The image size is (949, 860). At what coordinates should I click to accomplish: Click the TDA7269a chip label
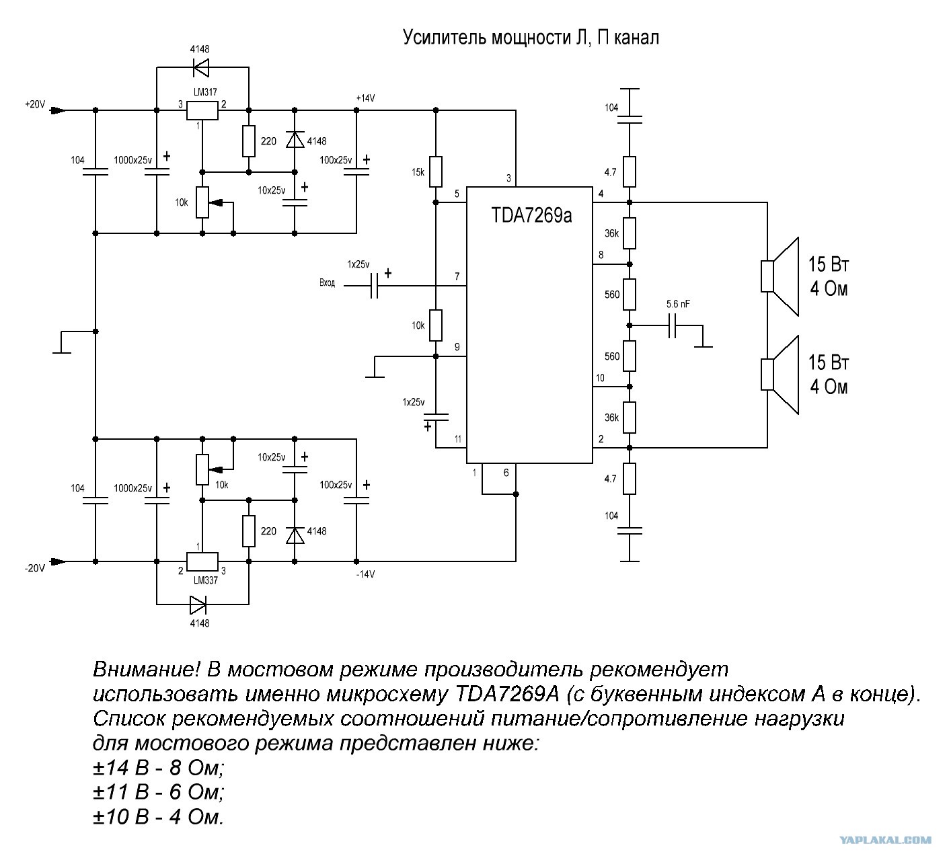pyautogui.click(x=531, y=215)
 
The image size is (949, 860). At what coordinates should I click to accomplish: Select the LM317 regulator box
pyautogui.click(x=202, y=110)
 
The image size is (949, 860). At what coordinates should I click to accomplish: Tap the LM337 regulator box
pyautogui.click(x=202, y=561)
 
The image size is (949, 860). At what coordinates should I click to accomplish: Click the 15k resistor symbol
pyautogui.click(x=436, y=171)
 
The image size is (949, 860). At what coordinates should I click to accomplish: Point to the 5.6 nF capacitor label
pyautogui.click(x=678, y=304)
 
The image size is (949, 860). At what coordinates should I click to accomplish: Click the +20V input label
pyautogui.click(x=35, y=104)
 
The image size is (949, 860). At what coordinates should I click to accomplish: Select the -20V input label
pyautogui.click(x=35, y=568)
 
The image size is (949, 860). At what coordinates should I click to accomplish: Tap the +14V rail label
pyautogui.click(x=366, y=98)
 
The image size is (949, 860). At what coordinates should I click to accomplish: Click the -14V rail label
pyautogui.click(x=366, y=574)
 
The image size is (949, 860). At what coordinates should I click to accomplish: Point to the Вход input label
pyautogui.click(x=327, y=283)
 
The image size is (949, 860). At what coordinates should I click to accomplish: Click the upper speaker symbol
pyautogui.click(x=780, y=276)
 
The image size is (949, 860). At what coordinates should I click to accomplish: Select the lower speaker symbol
pyautogui.click(x=780, y=375)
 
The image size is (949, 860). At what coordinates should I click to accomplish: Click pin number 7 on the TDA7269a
pyautogui.click(x=457, y=276)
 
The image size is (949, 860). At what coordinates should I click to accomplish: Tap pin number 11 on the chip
pyautogui.click(x=457, y=439)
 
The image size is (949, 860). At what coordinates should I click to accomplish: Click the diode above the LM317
pyautogui.click(x=201, y=67)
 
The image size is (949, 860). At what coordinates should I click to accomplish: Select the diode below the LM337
pyautogui.click(x=198, y=604)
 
